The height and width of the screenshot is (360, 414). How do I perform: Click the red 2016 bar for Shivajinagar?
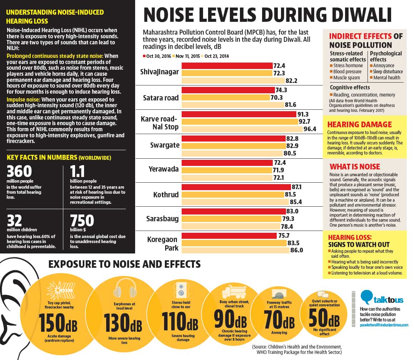point(227,65)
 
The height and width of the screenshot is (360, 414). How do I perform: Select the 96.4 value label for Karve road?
point(310,129)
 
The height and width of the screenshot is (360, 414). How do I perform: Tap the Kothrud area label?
point(166,195)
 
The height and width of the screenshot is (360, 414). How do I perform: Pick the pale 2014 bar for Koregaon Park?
point(235,250)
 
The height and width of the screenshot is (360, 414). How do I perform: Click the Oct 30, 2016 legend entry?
point(157,56)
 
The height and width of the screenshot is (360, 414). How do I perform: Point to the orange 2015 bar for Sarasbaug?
point(231,219)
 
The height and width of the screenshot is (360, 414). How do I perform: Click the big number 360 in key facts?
point(19,171)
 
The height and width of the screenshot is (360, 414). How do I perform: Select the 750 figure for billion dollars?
point(82,220)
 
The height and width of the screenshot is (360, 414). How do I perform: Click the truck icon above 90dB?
point(234,291)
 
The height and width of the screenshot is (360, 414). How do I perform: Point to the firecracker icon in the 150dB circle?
point(60,290)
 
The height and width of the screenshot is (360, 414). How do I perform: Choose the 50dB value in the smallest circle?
point(324,318)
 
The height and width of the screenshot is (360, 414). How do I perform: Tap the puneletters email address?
point(384,325)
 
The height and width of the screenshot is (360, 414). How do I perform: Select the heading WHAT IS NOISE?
point(355,167)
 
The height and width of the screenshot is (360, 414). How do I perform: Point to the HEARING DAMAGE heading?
point(359,124)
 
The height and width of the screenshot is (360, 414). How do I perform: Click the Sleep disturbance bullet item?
point(386,71)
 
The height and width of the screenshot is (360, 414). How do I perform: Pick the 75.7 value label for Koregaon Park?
point(284,236)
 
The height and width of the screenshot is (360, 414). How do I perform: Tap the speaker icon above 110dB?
point(181,290)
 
